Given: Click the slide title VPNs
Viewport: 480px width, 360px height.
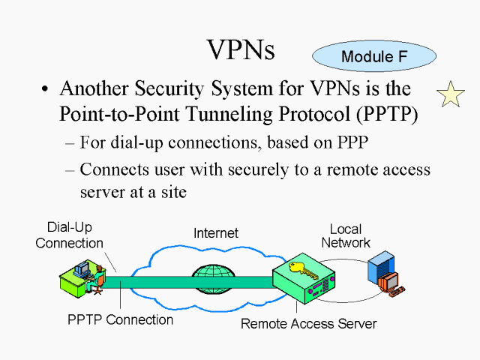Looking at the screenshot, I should [241, 49].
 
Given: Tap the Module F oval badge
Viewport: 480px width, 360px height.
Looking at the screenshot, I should [373, 56].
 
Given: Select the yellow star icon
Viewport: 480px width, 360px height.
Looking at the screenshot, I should [451, 94].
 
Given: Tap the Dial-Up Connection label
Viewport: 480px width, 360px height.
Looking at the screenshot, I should [69, 235].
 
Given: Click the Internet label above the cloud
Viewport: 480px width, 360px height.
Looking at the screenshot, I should [215, 233].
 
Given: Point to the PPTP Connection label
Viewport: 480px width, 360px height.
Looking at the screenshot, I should [120, 319].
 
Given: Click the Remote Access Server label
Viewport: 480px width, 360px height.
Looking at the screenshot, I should [308, 324].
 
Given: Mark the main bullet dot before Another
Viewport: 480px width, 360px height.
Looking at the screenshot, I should [46, 89].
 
